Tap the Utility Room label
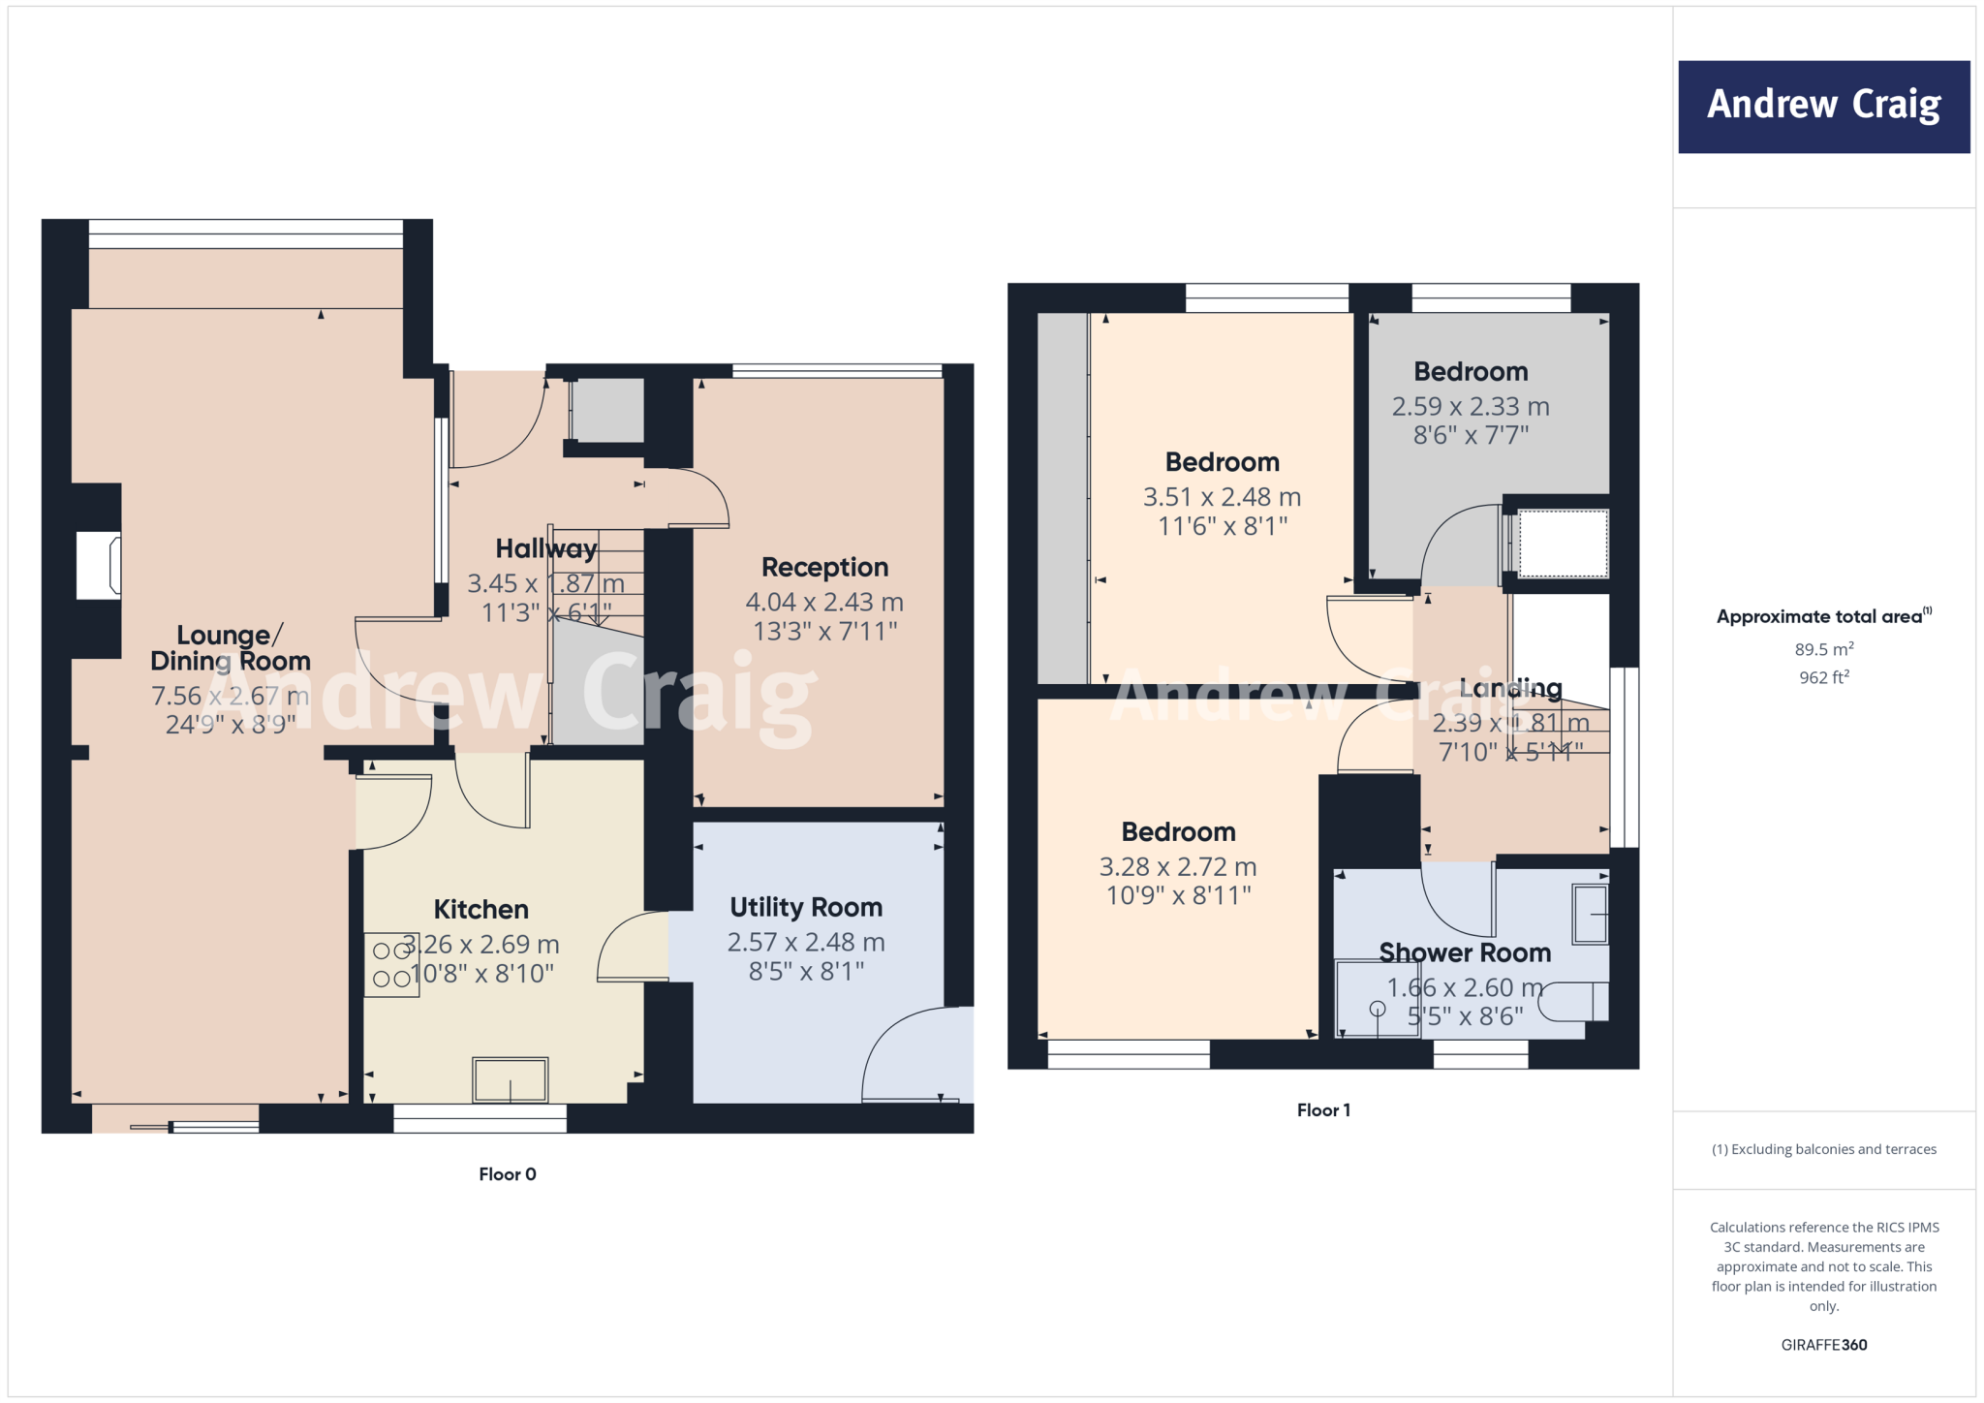tap(806, 907)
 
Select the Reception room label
tap(824, 567)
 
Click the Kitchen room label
tap(480, 909)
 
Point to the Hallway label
tap(546, 548)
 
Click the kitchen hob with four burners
tap(391, 965)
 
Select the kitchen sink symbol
tap(510, 1079)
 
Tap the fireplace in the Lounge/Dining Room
tap(99, 565)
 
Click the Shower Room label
tap(1465, 952)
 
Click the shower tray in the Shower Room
tap(1377, 999)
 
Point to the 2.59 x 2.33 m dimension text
tap(1471, 407)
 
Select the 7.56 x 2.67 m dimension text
tap(230, 696)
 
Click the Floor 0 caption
tap(508, 1174)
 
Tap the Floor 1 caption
tap(1323, 1110)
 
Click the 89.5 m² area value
tap(1823, 649)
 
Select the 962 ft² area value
tap(1823, 677)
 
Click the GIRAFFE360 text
tap(1823, 1345)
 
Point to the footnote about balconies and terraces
tap(1823, 1149)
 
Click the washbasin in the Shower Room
tap(1590, 914)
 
